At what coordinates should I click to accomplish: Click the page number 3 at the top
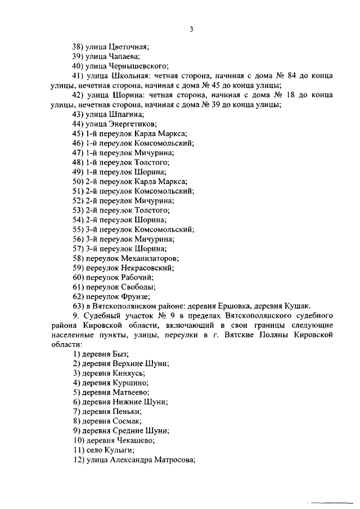pyautogui.click(x=191, y=30)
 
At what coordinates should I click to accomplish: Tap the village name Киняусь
pyautogui.click(x=127, y=373)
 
